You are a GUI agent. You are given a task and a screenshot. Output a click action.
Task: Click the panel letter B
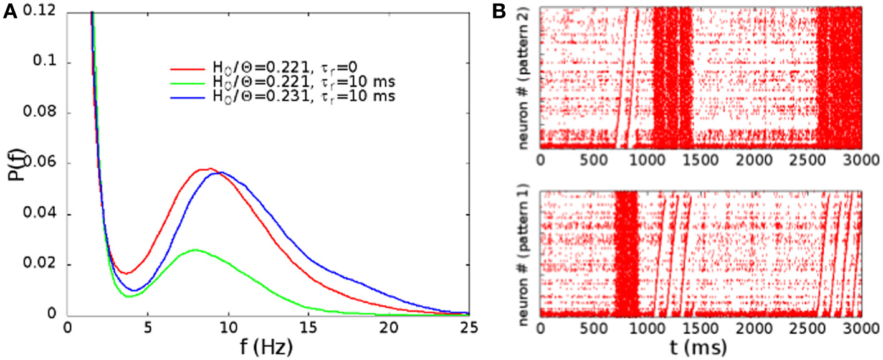pyautogui.click(x=517, y=11)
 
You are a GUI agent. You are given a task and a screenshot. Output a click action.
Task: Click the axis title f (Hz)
pyautogui.click(x=267, y=347)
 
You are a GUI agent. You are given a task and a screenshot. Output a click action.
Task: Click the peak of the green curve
pyautogui.click(x=196, y=250)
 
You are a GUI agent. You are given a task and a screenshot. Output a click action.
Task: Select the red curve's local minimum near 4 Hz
pyautogui.click(x=126, y=273)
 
